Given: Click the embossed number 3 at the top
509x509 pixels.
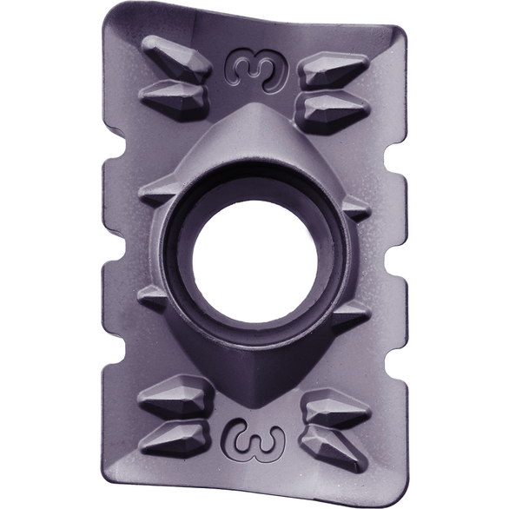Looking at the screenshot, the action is tap(257, 69).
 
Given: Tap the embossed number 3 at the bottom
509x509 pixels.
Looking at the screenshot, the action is tap(254, 440).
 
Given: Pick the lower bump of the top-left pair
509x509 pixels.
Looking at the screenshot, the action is tap(174, 96).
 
